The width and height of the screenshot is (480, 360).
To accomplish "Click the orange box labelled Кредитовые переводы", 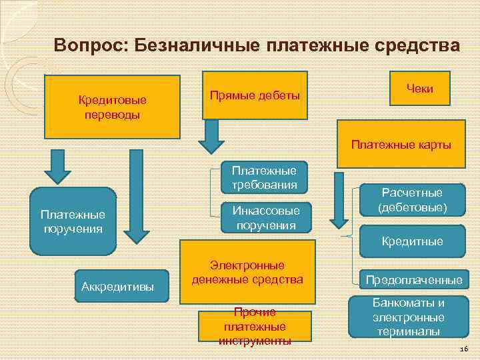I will (x=112, y=106).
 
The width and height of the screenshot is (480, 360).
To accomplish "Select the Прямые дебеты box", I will (x=255, y=95).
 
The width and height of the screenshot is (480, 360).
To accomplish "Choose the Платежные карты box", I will (x=401, y=144).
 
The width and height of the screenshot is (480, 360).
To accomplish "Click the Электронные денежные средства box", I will (x=247, y=273).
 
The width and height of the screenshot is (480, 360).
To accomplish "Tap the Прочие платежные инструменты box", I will (x=255, y=327).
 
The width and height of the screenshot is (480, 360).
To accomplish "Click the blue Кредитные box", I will (x=411, y=241).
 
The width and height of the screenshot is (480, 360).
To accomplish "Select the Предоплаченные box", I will (x=413, y=280).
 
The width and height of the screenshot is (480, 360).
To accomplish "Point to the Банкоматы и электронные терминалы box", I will (x=408, y=317).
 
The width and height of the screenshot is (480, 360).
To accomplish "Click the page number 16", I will (x=464, y=350).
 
